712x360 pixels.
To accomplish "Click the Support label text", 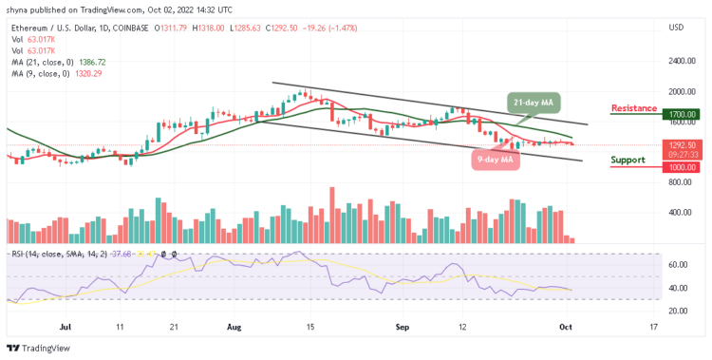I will pos(629,159).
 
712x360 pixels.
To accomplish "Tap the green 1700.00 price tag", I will pos(683,114).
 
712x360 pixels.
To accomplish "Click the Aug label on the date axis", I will pos(235,326).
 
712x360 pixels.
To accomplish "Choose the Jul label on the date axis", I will pos(65,326).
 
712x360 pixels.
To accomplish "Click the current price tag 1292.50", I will pos(683,144).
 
